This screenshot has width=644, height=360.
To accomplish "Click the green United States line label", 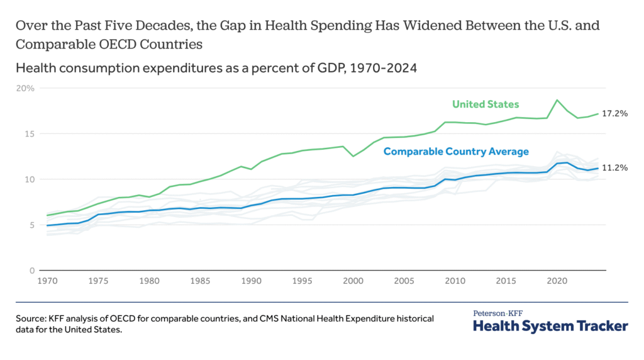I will [x=486, y=104].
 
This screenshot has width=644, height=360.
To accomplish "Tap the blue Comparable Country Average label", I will [x=456, y=152].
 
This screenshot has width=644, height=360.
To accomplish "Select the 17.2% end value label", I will [x=615, y=114].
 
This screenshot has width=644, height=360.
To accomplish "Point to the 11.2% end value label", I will [x=615, y=168].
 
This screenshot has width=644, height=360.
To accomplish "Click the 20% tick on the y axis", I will [x=25, y=88].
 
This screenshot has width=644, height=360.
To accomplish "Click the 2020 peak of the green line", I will [x=557, y=100].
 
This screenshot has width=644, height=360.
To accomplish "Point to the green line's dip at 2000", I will [x=353, y=156].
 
